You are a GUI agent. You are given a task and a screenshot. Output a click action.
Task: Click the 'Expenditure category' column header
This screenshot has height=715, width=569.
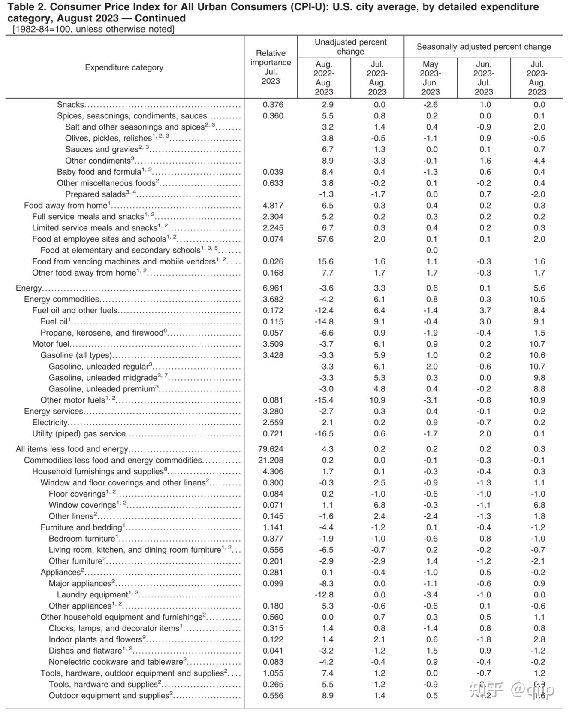coord(124,67)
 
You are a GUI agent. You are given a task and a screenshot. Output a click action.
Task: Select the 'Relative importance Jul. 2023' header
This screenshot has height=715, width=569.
coord(271,67)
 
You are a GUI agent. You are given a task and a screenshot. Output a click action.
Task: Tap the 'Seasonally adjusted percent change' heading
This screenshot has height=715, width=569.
coord(483,47)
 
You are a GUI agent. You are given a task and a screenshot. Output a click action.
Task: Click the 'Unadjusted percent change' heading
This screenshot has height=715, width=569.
coord(350,47)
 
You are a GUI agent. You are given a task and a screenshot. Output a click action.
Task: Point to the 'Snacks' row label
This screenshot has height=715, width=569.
coord(71,105)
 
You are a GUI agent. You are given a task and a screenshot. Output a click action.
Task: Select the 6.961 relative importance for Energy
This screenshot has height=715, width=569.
coord(273,288)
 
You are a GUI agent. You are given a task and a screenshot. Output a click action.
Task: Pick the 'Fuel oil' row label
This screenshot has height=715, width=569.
coord(54,322)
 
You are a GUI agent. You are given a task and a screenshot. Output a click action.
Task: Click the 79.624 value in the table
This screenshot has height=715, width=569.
coord(271,449)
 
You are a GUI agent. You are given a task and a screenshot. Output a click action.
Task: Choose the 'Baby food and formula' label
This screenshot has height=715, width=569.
coord(99,172)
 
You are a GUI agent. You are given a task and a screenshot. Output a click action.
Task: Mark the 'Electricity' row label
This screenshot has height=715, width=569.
coord(50,422)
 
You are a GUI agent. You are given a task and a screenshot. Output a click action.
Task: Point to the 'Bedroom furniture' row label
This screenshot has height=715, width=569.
coord(82,539)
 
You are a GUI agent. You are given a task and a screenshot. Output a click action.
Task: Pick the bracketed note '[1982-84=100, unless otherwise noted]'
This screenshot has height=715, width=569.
coord(93,29)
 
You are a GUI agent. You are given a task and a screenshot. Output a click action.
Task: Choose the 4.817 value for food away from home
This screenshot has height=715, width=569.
coord(273,206)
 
